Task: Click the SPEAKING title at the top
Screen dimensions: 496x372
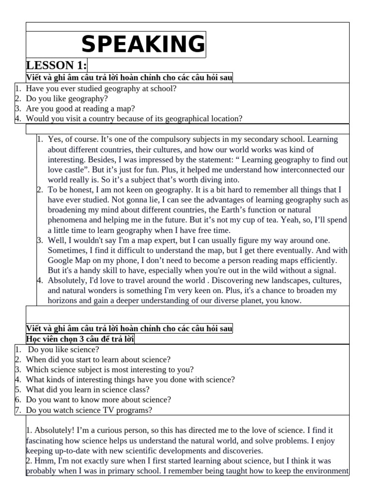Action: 143,45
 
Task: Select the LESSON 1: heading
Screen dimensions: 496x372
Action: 56,66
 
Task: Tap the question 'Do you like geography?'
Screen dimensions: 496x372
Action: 67,98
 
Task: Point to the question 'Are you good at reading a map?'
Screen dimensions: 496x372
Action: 80,108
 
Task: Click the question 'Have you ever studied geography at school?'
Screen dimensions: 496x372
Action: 101,89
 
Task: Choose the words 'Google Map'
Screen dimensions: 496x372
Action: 69,261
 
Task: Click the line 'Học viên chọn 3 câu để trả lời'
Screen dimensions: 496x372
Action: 80,339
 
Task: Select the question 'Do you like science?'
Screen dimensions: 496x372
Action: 63,349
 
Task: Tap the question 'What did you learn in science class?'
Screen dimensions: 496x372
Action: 88,389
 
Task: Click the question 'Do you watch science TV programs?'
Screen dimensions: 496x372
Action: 89,410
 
